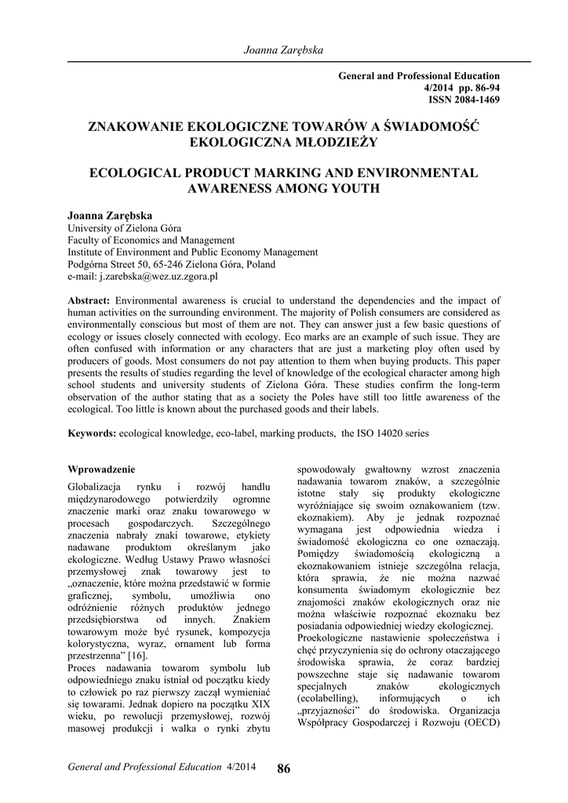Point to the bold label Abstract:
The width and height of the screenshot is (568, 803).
point(89,300)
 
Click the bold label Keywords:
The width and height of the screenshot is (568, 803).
point(93,433)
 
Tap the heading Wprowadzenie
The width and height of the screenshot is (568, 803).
point(101,469)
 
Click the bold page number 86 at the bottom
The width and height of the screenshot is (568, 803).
point(283,768)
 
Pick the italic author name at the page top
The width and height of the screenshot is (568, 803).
point(283,49)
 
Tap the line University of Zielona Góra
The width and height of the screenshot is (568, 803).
point(124,227)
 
